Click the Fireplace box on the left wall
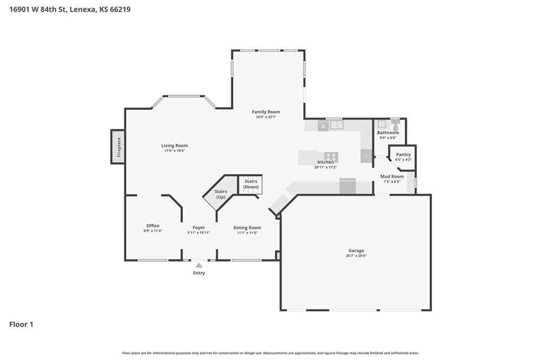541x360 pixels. click(x=118, y=146)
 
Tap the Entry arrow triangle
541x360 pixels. click(x=199, y=265)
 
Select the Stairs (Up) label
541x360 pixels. click(x=221, y=194)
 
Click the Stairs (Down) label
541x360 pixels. click(x=251, y=184)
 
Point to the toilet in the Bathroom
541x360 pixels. click(x=395, y=125)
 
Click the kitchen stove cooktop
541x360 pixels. click(x=331, y=157)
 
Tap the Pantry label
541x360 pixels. click(x=403, y=155)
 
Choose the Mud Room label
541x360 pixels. click(x=392, y=177)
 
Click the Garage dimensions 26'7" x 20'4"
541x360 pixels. click(x=356, y=256)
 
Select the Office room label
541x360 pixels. click(x=153, y=226)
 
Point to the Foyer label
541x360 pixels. click(x=199, y=227)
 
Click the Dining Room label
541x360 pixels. click(x=247, y=227)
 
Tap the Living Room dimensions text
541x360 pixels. click(x=174, y=151)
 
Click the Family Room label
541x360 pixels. click(x=266, y=112)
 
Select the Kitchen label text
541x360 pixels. click(x=325, y=162)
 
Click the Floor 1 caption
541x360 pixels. click(x=21, y=325)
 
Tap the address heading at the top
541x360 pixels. click(x=70, y=10)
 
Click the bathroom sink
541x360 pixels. click(x=381, y=124)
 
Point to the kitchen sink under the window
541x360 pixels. click(x=336, y=125)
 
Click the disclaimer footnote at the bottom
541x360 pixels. click(x=270, y=353)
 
